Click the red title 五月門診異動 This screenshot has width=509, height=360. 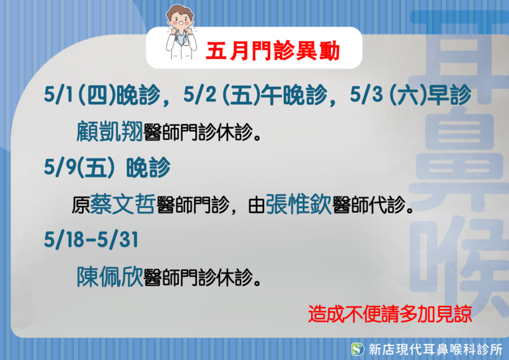click(273, 51)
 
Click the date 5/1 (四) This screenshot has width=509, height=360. click(80, 95)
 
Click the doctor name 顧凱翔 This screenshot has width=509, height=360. click(109, 132)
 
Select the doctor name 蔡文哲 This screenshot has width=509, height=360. click(122, 204)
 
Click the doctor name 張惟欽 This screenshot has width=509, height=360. click(298, 204)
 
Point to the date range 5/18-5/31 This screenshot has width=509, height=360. click(91, 240)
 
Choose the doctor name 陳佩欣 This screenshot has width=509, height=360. click(109, 277)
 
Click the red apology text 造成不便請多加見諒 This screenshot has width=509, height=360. click(390, 314)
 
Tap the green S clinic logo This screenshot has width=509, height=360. click(358, 349)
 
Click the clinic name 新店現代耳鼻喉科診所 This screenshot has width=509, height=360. click(436, 350)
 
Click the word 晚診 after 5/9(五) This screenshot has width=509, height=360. click(148, 167)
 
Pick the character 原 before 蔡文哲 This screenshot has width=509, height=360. click(81, 205)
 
